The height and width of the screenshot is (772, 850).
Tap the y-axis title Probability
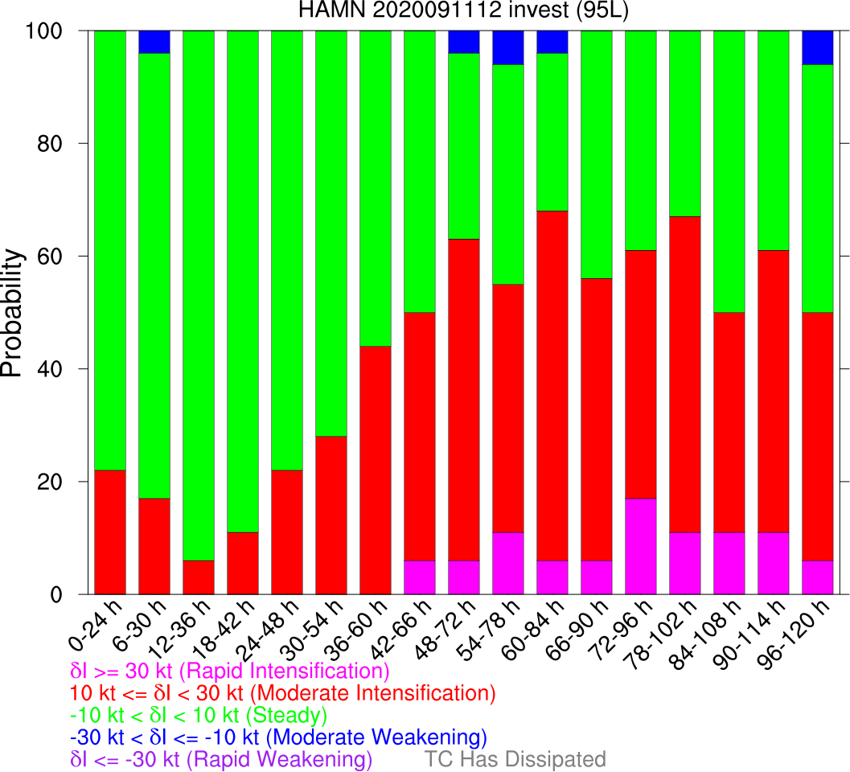coord(13,313)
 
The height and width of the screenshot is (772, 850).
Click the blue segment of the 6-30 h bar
coord(154,42)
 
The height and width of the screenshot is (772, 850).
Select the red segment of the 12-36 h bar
coord(199,577)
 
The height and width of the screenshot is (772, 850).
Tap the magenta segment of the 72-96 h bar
coord(640,546)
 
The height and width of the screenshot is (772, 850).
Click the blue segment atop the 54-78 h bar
coord(507,47)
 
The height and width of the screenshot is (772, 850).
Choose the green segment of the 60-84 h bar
coord(552,132)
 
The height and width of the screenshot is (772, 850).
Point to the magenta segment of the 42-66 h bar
coord(419,577)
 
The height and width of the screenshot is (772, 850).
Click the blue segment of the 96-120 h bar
coord(817,47)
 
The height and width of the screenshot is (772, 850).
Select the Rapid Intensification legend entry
coord(230,671)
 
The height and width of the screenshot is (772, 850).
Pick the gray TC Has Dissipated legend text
coord(515,759)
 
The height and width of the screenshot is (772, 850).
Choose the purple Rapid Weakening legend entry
coord(221,759)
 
